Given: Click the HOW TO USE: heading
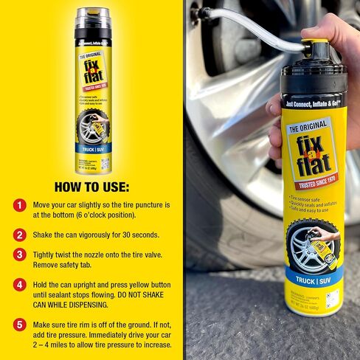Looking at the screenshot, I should pos(91,185).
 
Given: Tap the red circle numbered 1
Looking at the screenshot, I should pos(20,205).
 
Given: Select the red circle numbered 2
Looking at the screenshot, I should pos(20,235).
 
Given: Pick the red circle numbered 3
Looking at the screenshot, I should pos(20,255).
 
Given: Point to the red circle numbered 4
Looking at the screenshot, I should pos(20,284).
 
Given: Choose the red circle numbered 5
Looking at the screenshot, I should pos(20,324).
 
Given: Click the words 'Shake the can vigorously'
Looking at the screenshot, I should pos(81,235).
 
